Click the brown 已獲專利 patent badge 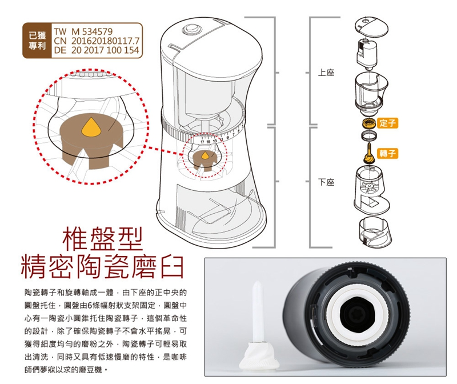click(x=36, y=41)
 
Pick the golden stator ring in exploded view click(x=368, y=123)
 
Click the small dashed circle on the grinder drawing click(x=203, y=156)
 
